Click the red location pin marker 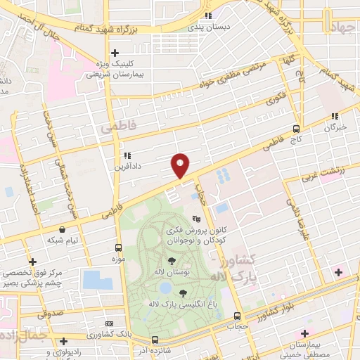pos(181,165)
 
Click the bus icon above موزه pos(118,247)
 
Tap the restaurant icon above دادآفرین pos(127,156)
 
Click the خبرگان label pos(335,127)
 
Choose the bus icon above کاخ pos(297,129)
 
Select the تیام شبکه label pos(63,241)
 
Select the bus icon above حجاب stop pos(237,316)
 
